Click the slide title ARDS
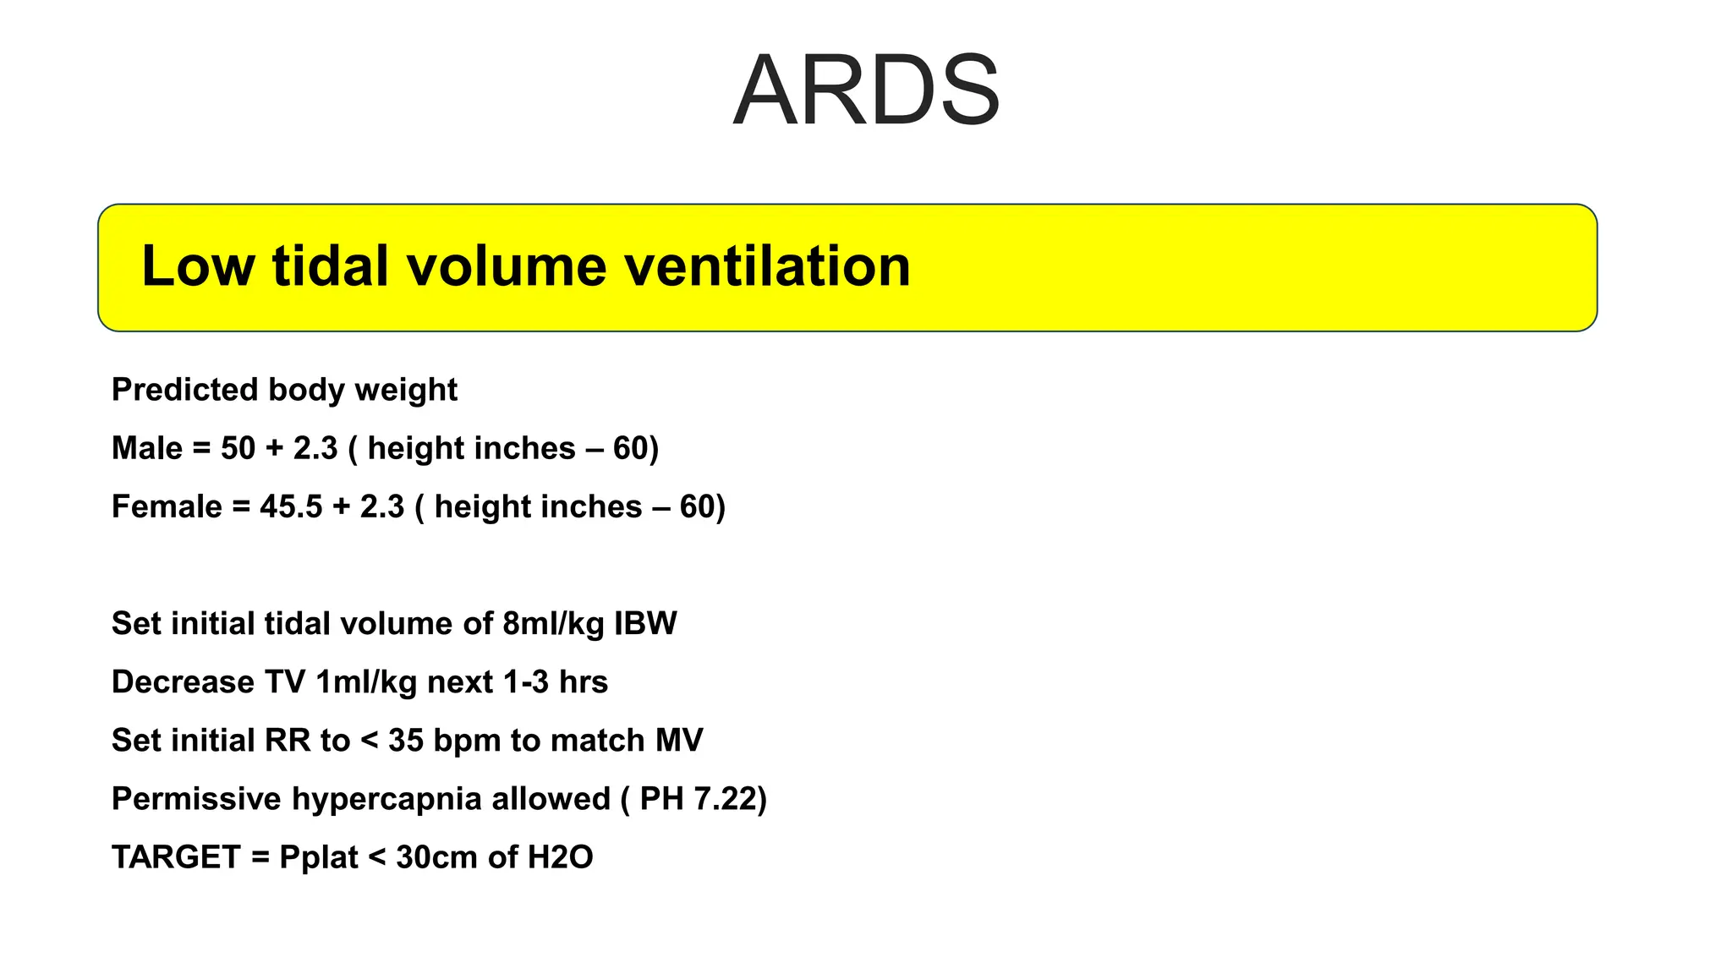click(866, 90)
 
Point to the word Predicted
click(184, 390)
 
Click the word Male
click(147, 448)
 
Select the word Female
click(167, 506)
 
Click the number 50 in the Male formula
click(238, 448)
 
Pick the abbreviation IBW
click(645, 624)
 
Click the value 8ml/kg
click(553, 624)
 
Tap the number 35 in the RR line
click(405, 741)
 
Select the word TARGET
click(176, 857)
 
